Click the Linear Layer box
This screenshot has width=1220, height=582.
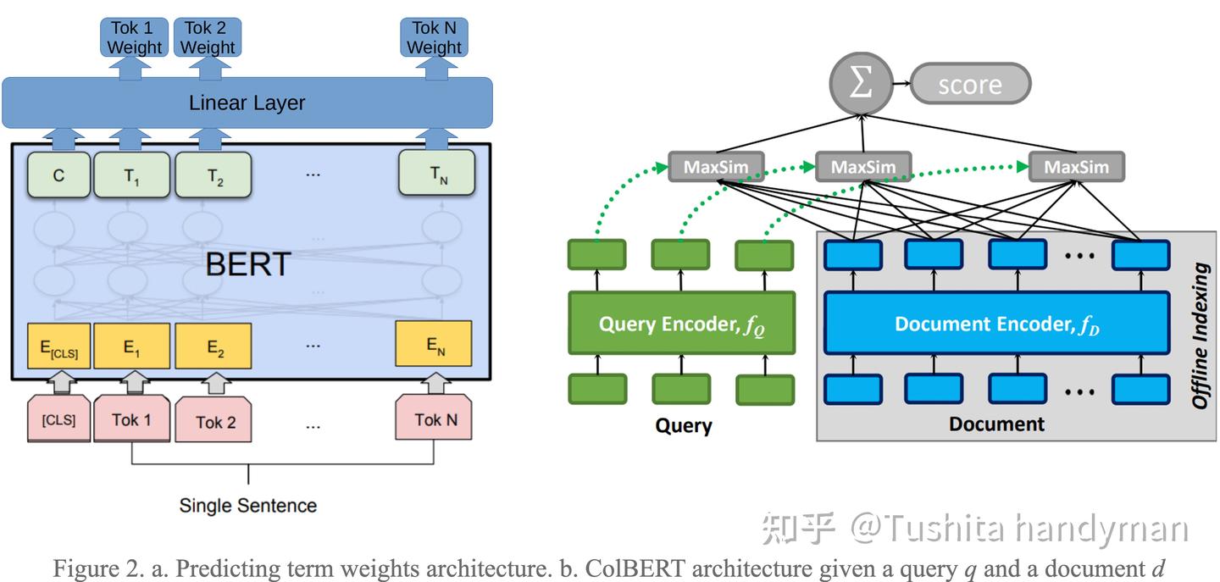(247, 103)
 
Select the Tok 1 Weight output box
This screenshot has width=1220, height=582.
(136, 38)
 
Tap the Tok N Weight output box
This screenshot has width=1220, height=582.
(434, 38)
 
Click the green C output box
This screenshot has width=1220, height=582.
(58, 175)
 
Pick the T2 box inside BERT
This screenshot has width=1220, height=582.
(213, 175)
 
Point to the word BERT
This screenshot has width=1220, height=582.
(247, 264)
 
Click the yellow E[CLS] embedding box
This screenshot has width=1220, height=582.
(58, 346)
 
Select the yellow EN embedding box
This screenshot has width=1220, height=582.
(434, 346)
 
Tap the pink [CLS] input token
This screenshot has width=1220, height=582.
(58, 418)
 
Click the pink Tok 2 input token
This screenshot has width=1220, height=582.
(215, 421)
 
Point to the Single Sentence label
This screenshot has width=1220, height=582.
(247, 506)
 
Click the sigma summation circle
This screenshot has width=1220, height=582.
(862, 84)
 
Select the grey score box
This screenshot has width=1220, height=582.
(971, 85)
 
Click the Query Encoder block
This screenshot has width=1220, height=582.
(681, 324)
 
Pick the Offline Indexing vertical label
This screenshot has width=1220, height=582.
(1201, 335)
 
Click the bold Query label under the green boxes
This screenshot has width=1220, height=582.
(683, 425)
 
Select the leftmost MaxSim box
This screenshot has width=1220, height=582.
(716, 167)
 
